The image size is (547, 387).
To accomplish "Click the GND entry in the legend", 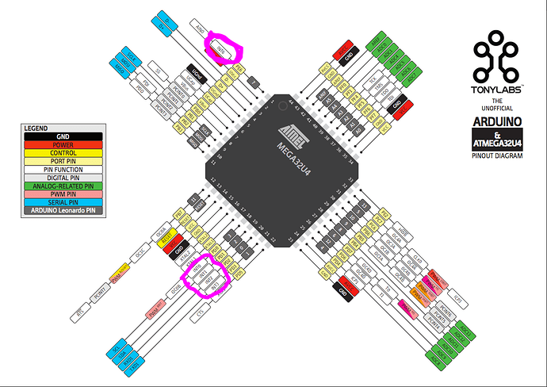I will [62, 136].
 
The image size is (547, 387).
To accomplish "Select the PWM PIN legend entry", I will [62, 193].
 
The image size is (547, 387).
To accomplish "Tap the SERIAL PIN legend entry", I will [62, 202].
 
